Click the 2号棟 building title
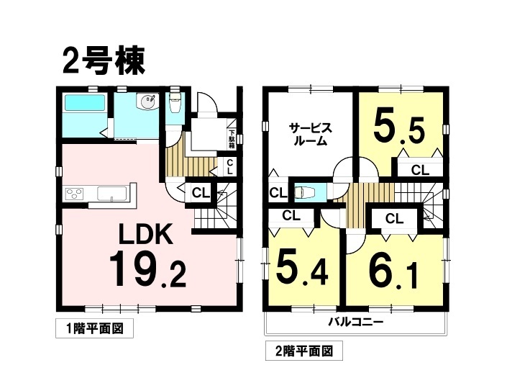tap(104, 61)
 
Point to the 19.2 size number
tap(147, 269)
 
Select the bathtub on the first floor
tap(86, 102)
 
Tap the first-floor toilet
tap(175, 103)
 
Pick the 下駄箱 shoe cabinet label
tap(232, 139)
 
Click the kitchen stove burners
tap(75, 194)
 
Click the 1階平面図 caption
tap(94, 329)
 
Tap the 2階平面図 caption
tap(304, 351)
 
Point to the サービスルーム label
tap(311, 134)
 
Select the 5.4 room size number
tap(302, 268)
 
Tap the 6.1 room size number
tap(393, 269)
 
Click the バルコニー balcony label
tap(356, 322)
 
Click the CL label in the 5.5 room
tap(420, 170)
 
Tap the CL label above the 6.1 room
tap(394, 219)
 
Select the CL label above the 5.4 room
tap(291, 215)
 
